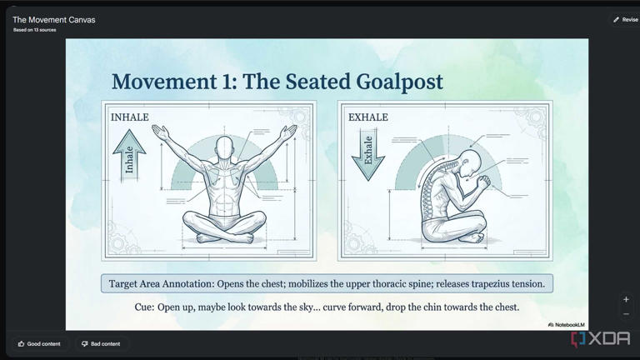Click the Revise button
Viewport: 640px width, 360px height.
point(625,19)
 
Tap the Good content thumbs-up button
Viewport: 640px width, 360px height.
point(39,343)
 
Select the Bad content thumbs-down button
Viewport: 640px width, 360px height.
point(100,343)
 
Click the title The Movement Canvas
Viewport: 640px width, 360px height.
point(53,19)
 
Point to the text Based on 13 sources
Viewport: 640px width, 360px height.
point(34,30)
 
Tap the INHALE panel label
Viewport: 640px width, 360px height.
point(129,117)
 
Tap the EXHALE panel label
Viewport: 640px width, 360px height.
point(367,117)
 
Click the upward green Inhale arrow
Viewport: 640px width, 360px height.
point(129,154)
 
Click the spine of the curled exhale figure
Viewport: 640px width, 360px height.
point(433,187)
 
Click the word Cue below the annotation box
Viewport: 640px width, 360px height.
point(144,307)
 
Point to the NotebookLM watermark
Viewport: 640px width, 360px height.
point(567,324)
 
